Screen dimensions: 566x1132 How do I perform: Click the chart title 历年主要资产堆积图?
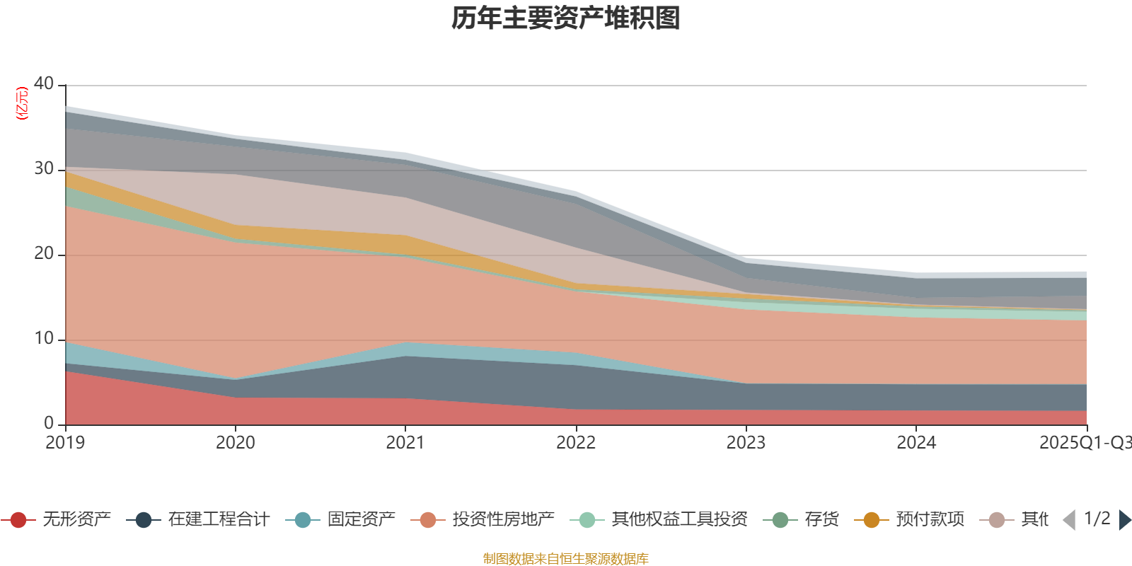(566, 19)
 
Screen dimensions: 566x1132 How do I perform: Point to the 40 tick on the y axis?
(44, 83)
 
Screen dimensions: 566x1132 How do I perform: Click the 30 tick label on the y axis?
(44, 168)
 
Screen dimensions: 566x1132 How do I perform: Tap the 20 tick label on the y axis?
(44, 253)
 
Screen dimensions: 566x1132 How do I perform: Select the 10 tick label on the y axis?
(44, 338)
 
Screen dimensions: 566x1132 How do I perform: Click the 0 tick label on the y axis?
(48, 423)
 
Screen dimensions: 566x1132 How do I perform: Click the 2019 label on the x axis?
(65, 443)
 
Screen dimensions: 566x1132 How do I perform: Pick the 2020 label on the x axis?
(235, 443)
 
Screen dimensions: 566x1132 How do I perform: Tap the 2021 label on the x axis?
(405, 443)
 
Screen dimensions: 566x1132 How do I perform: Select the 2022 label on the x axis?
(575, 443)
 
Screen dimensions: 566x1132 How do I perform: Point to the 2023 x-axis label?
(746, 443)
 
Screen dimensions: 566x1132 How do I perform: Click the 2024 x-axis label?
(916, 443)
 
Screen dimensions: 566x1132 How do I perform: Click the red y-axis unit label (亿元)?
(23, 103)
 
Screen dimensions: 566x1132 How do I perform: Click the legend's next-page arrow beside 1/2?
(1124, 520)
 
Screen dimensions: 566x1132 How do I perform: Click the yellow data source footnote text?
(566, 559)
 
